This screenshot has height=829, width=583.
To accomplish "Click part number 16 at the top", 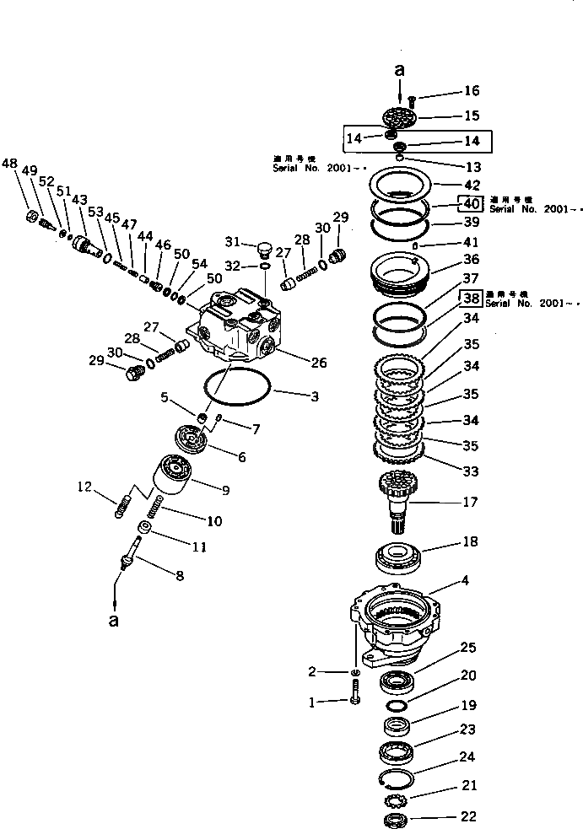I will coord(470,91).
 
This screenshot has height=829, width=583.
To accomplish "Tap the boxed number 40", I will coord(470,202).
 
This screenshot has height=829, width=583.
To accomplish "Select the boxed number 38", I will coord(470,298).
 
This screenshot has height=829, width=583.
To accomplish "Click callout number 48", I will coord(9,163).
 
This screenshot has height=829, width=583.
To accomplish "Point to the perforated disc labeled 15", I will coord(399,116).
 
